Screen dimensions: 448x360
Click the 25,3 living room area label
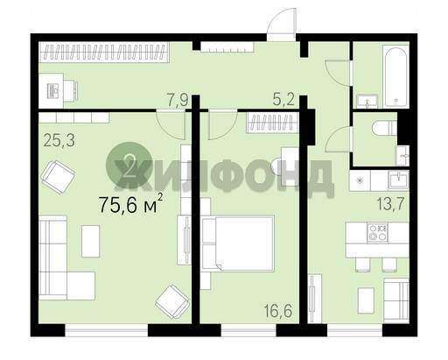click(59, 140)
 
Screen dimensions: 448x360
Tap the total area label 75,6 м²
click(130, 204)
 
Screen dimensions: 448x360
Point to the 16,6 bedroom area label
click(278, 311)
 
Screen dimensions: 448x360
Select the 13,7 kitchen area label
click(390, 203)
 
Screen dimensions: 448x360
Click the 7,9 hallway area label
click(177, 100)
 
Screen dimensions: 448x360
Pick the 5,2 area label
click(283, 100)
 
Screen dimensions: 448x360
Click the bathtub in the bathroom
click(395, 76)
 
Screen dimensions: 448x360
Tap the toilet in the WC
click(384, 129)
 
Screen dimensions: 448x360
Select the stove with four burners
click(378, 233)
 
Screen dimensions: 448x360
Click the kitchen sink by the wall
click(398, 180)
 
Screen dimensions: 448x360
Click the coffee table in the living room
click(91, 241)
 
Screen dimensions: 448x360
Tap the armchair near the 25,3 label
click(58, 177)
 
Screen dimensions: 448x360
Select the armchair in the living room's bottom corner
click(172, 302)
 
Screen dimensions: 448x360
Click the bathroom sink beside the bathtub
click(367, 101)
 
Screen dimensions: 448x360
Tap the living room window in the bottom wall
click(107, 330)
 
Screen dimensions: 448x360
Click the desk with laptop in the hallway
click(59, 91)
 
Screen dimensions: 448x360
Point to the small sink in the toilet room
click(402, 155)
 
